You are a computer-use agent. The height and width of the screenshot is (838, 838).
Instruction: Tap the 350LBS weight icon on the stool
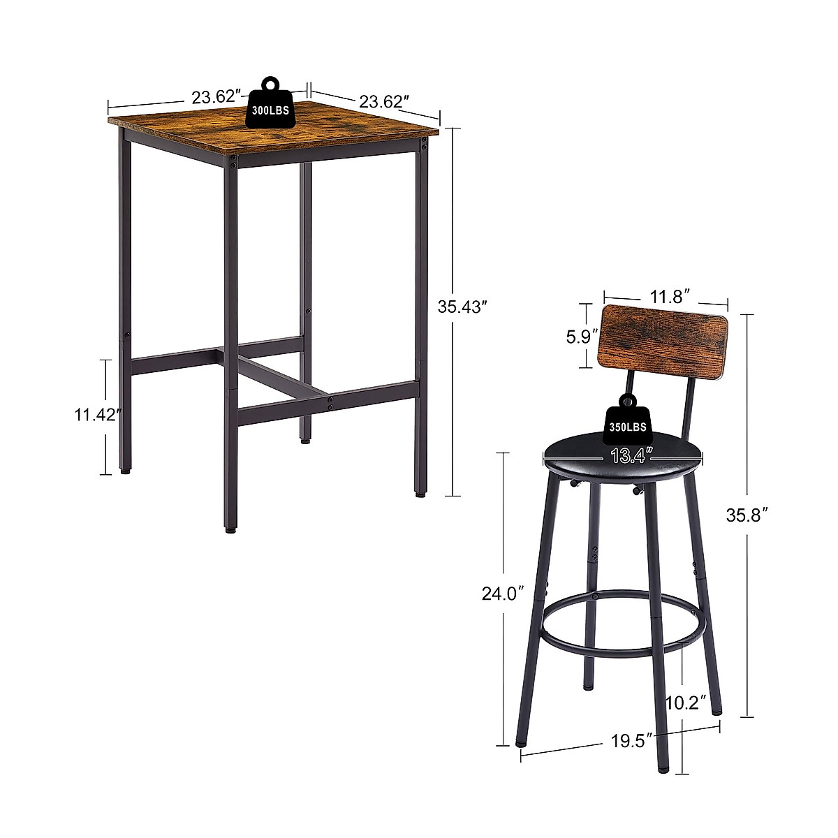[x=626, y=420]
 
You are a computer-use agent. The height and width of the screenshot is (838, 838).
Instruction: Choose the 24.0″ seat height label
[x=503, y=594]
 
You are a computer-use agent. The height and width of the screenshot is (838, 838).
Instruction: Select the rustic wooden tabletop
[x=272, y=126]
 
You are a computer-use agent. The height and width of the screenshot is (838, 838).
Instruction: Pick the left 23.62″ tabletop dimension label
[x=217, y=97]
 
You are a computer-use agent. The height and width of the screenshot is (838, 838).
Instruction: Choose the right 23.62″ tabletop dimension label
[x=383, y=102]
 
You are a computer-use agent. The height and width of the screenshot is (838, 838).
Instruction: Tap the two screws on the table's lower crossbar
[x=330, y=404]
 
